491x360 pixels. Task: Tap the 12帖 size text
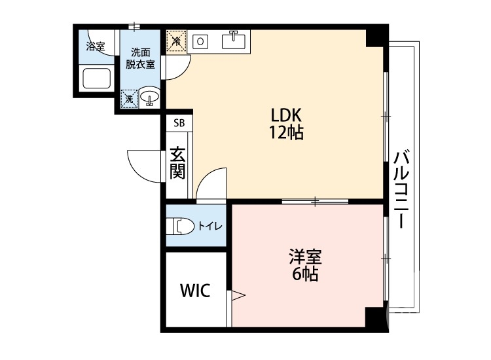[286, 133]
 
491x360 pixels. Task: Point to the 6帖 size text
[305, 274]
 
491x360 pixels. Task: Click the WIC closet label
[195, 291]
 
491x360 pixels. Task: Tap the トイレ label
[210, 226]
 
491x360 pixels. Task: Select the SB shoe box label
[179, 123]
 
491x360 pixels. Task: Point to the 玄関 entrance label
[177, 163]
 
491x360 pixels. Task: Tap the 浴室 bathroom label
[96, 46]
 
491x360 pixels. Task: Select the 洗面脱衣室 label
[141, 58]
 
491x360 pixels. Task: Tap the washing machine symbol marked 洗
[129, 98]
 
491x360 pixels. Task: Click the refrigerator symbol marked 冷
[176, 41]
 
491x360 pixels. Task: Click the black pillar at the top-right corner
[376, 37]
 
